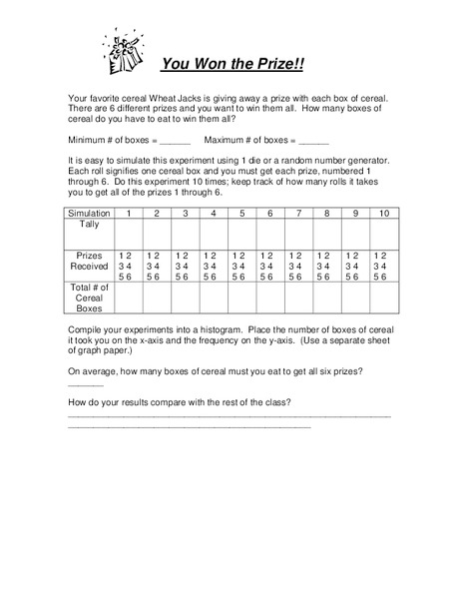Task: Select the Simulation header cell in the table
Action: pyautogui.click(x=90, y=214)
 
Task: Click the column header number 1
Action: pyautogui.click(x=129, y=214)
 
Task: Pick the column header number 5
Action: pyautogui.click(x=241, y=214)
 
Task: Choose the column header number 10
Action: pyautogui.click(x=383, y=214)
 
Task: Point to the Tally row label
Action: pyautogui.click(x=90, y=225)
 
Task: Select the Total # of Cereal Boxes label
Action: pyautogui.click(x=90, y=298)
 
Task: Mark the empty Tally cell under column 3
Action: pyautogui.click(x=186, y=234)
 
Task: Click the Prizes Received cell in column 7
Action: pyautogui.click(x=298, y=267)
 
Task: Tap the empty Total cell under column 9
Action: pyautogui.click(x=355, y=299)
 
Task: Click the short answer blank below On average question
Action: pyautogui.click(x=85, y=383)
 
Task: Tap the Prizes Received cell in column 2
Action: pyautogui.click(x=157, y=267)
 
